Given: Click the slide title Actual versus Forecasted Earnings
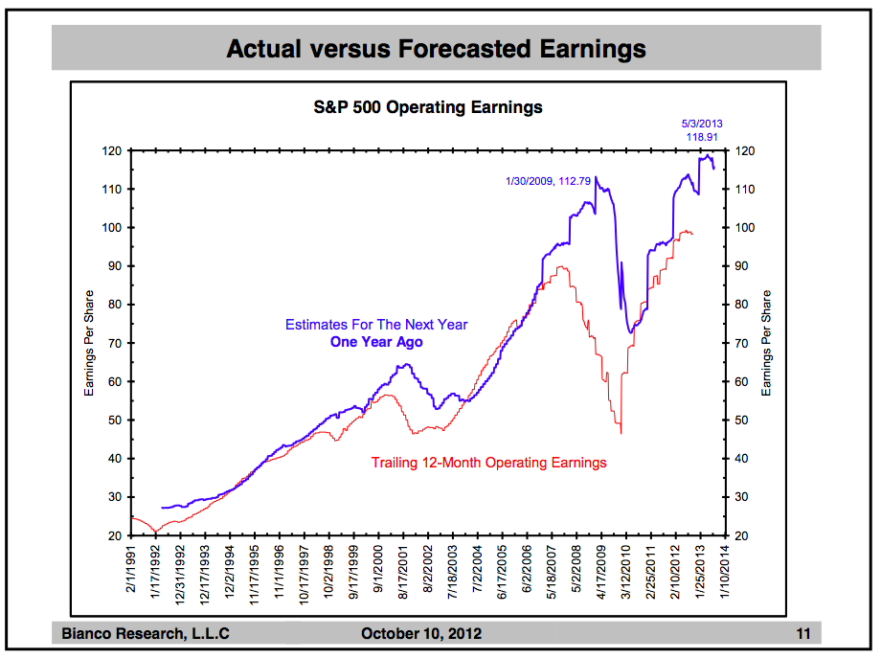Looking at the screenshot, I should pyautogui.click(x=436, y=49).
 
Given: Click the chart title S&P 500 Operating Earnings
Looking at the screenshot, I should pyautogui.click(x=428, y=107).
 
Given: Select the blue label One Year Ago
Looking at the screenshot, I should pyautogui.click(x=376, y=342).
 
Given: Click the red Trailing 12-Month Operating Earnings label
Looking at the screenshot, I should pyautogui.click(x=488, y=463).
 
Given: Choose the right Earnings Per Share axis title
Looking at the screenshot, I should pyautogui.click(x=766, y=343).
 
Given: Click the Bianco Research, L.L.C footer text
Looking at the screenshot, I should pyautogui.click(x=146, y=633).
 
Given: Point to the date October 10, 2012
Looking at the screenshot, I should pyautogui.click(x=421, y=633).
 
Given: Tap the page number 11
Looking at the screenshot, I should pyautogui.click(x=802, y=633).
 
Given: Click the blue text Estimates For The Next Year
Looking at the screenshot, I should pyautogui.click(x=376, y=325).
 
